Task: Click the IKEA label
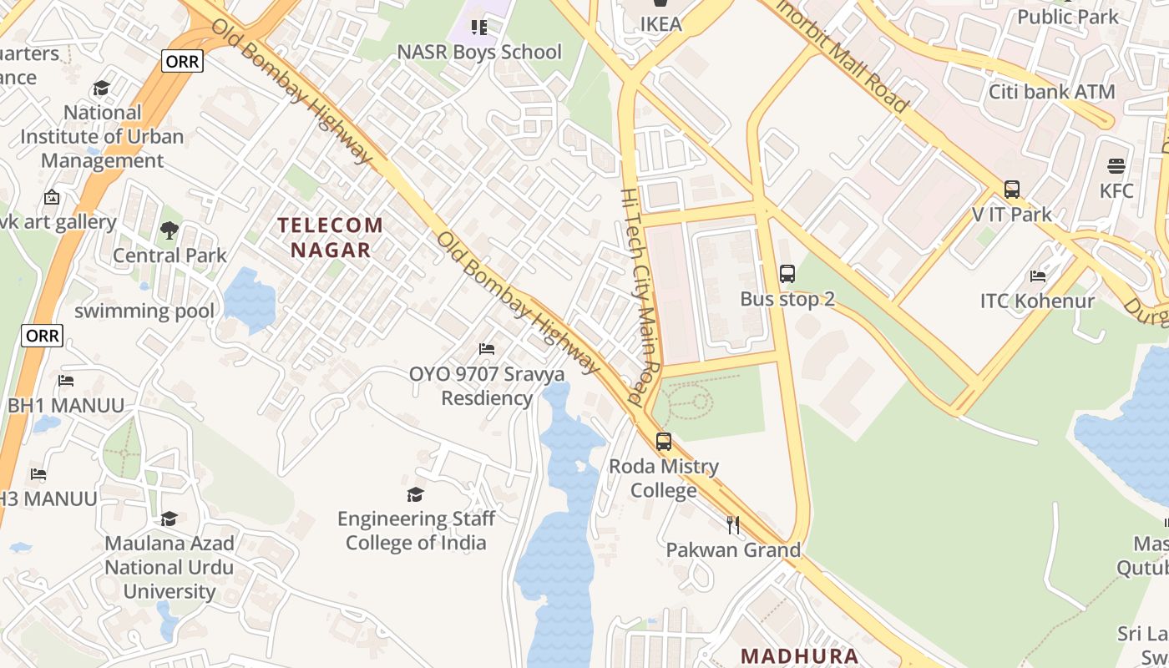(660, 23)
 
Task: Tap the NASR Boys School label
(478, 52)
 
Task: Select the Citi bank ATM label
(1051, 92)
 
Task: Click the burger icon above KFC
(1116, 166)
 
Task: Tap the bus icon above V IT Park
(1012, 190)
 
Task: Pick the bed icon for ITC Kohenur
(1038, 276)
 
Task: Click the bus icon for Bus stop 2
(787, 273)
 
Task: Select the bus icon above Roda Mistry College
(664, 442)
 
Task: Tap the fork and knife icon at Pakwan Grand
(733, 525)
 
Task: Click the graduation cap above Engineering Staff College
(416, 494)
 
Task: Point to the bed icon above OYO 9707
(487, 348)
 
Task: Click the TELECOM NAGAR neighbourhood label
(331, 237)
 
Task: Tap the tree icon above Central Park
(170, 230)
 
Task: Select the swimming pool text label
(144, 311)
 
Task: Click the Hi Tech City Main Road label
(640, 296)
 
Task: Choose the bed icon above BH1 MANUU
(66, 381)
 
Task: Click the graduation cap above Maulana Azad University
(170, 519)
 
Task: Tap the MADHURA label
(799, 655)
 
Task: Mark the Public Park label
(1067, 16)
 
